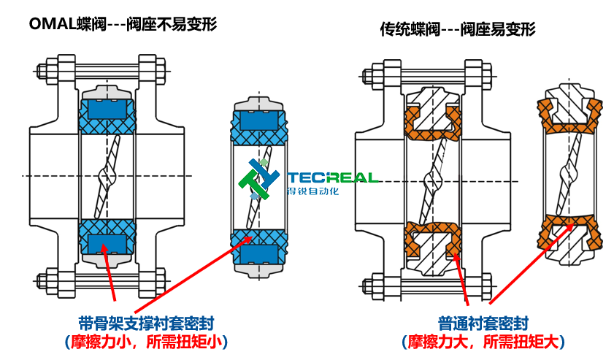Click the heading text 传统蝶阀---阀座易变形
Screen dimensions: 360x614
click(x=458, y=29)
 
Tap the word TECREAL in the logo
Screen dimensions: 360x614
click(x=332, y=177)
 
